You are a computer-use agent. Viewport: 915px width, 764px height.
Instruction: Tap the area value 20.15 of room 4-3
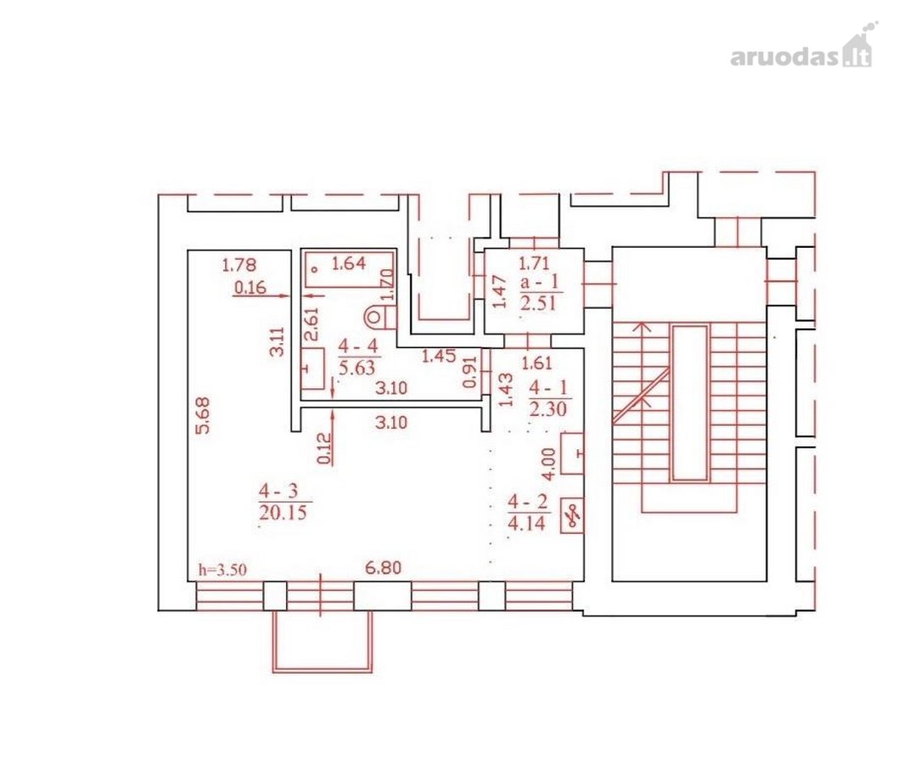[x=283, y=513]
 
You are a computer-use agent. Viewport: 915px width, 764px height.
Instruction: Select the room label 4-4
[x=359, y=346]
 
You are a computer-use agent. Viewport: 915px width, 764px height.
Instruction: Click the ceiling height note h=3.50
[x=222, y=570]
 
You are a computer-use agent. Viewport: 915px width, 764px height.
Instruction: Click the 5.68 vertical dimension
[x=203, y=416]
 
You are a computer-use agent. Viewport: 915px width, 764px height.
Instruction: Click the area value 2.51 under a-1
[x=538, y=304]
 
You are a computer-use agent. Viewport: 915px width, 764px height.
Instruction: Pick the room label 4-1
[x=548, y=388]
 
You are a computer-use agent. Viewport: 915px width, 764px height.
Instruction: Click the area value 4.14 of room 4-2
[x=527, y=522]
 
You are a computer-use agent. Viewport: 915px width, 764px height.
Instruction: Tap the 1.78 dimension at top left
[x=239, y=266]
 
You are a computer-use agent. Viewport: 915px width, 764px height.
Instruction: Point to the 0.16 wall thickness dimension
[x=250, y=287]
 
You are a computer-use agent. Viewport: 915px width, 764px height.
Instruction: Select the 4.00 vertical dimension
[x=548, y=464]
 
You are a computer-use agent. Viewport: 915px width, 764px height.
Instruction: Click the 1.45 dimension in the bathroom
[x=439, y=356]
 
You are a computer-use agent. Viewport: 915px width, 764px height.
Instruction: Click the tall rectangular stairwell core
[x=691, y=402]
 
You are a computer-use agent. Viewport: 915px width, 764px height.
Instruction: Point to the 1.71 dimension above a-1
[x=534, y=263]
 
